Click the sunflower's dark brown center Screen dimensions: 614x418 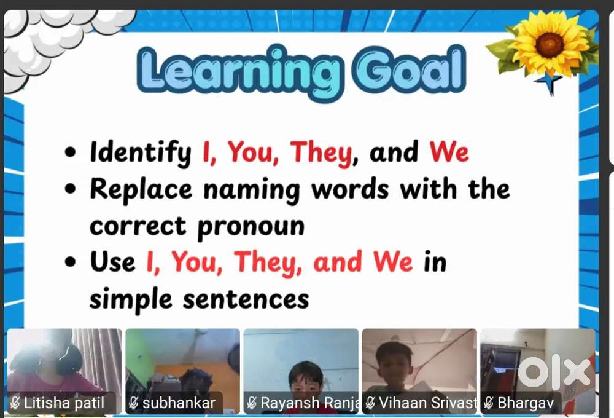click(x=550, y=44)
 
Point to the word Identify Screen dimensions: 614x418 click(x=141, y=152)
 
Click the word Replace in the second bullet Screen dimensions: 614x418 click(x=141, y=189)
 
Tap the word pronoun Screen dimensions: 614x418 click(x=251, y=227)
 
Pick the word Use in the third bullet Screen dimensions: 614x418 click(x=112, y=261)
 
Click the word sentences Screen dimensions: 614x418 click(x=246, y=299)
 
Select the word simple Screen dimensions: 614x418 click(x=131, y=300)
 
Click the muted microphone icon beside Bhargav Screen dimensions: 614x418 click(x=488, y=403)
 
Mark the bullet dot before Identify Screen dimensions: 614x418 click(x=70, y=152)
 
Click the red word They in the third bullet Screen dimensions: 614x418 click(x=268, y=262)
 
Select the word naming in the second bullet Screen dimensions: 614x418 click(x=251, y=190)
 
